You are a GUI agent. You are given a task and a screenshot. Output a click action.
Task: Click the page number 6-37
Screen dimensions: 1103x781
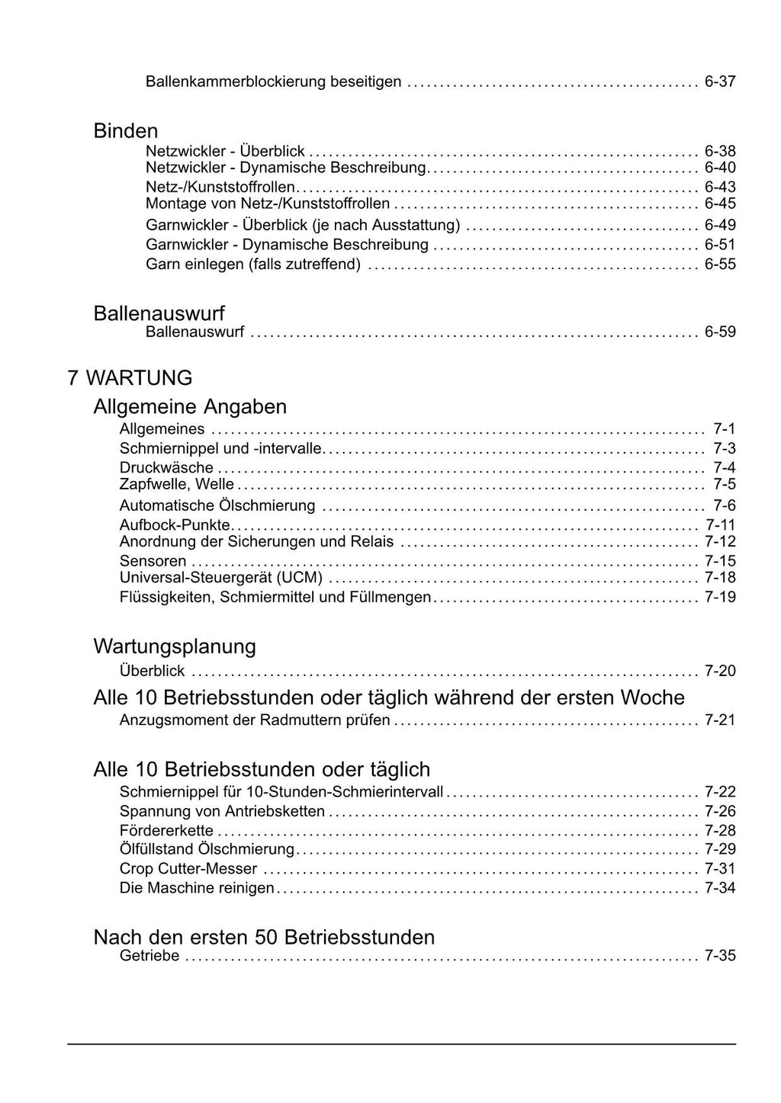tap(719, 82)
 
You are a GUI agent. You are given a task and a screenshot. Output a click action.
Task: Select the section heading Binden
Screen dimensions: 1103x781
tap(125, 131)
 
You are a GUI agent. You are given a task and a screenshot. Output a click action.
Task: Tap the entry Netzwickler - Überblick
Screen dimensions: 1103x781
tap(225, 151)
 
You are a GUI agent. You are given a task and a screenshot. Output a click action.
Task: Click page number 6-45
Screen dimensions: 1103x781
tap(719, 204)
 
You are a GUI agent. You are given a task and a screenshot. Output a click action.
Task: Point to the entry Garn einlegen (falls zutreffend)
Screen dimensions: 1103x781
tap(252, 265)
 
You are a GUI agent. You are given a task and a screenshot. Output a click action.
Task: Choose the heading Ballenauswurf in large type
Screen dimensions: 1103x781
tap(159, 313)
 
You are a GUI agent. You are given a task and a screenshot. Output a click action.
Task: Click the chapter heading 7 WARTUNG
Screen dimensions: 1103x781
tap(130, 378)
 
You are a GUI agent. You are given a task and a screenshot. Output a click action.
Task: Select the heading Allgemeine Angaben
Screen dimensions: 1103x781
tap(190, 406)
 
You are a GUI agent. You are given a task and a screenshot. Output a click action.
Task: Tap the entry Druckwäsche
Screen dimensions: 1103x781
tap(166, 467)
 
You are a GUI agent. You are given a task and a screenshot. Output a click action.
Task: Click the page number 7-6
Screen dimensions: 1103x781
tap(724, 505)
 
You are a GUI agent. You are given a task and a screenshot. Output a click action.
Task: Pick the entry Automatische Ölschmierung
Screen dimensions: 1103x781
tap(217, 505)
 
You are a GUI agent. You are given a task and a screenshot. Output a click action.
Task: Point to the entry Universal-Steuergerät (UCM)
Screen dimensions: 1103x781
tap(220, 577)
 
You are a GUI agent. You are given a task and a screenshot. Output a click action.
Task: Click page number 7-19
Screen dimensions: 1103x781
tap(719, 597)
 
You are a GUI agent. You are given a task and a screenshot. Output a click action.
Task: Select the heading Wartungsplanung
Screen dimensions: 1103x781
tap(175, 646)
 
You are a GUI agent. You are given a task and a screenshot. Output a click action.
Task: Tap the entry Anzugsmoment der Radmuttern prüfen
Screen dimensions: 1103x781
tap(255, 720)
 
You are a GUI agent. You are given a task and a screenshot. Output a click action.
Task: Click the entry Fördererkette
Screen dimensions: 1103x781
tap(166, 830)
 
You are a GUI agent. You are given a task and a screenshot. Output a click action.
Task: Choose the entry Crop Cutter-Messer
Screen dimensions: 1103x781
tap(188, 868)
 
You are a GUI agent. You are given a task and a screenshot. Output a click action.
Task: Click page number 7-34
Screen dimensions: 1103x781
tap(719, 887)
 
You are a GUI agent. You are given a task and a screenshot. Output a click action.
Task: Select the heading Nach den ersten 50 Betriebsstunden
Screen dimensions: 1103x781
tap(264, 937)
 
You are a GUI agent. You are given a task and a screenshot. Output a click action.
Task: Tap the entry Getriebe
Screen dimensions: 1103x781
tap(149, 956)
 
